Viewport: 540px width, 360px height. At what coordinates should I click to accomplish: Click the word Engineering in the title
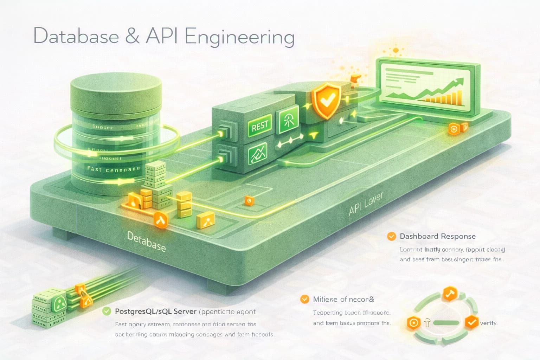(x=239, y=37)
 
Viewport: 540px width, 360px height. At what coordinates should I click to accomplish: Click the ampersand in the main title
(x=132, y=37)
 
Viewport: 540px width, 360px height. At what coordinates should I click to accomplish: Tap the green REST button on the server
(x=260, y=125)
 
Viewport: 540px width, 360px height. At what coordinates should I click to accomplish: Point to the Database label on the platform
(x=146, y=242)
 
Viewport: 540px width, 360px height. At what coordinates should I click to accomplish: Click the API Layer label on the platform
(x=366, y=205)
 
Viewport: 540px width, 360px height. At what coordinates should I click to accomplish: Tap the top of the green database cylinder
(x=116, y=90)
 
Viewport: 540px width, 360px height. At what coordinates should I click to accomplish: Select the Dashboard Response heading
(x=437, y=236)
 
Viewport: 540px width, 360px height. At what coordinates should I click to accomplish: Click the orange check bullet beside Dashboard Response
(x=391, y=236)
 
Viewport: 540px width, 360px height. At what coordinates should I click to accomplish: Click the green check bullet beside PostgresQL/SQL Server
(x=107, y=311)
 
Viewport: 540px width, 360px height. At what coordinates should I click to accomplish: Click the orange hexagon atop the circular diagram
(x=449, y=294)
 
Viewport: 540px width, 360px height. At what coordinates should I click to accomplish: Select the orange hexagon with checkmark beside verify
(x=471, y=322)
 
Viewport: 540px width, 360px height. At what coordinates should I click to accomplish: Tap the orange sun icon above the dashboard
(x=396, y=50)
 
